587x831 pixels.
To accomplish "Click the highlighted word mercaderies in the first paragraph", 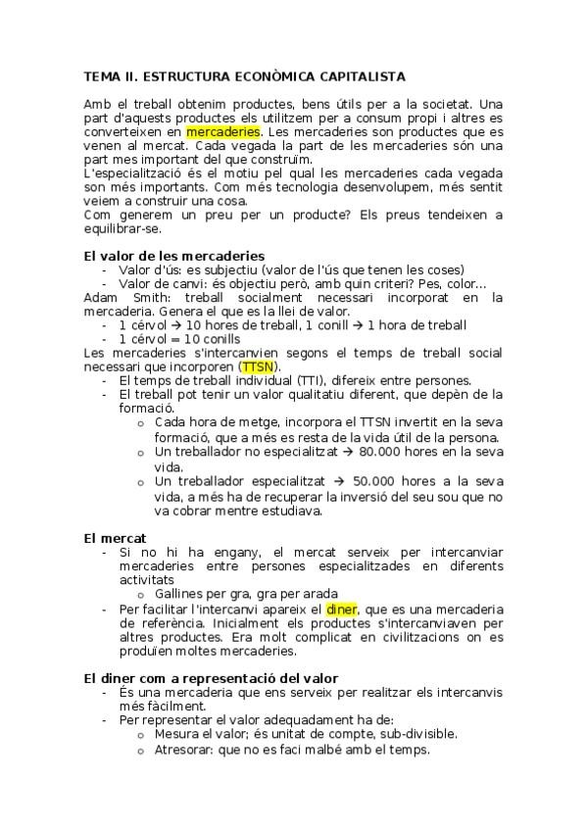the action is click(x=223, y=130).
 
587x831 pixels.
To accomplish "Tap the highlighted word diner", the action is click(x=342, y=610).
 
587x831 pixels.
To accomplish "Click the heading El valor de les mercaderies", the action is click(x=161, y=256).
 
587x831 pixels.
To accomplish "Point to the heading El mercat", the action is click(x=115, y=538).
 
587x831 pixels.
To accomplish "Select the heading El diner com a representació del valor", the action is click(x=211, y=678).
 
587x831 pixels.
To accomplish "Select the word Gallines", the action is click(x=178, y=594).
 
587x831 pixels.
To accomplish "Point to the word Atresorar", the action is click(x=187, y=751).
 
